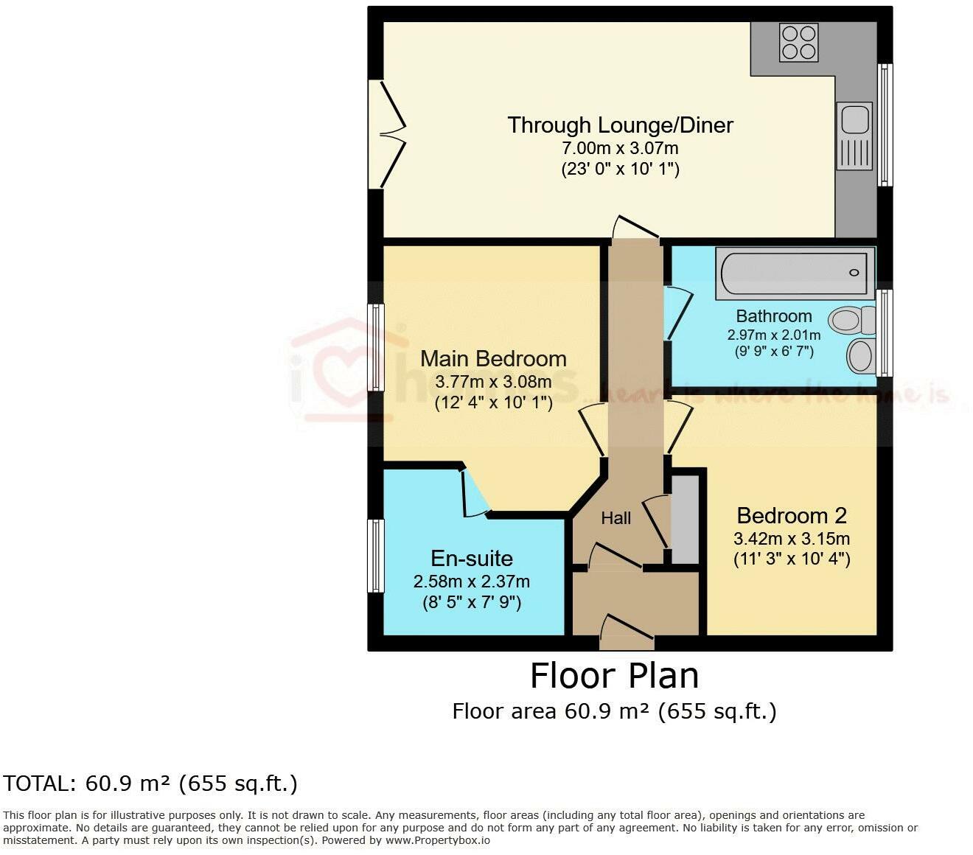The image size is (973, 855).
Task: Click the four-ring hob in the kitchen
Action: (x=799, y=42)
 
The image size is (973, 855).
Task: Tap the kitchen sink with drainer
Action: (x=854, y=136)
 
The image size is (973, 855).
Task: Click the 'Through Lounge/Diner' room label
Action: (x=620, y=125)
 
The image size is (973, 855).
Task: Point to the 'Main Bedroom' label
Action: (x=493, y=359)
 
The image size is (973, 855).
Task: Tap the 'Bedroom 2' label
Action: (x=791, y=515)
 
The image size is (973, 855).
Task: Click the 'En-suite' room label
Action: (x=472, y=558)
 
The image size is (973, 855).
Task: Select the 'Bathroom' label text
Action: (x=774, y=316)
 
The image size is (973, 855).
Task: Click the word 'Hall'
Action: (x=615, y=518)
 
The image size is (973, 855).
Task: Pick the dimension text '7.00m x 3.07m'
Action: (x=620, y=148)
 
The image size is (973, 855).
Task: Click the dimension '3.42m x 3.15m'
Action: (x=791, y=538)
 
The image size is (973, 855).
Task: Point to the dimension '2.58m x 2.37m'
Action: (x=472, y=582)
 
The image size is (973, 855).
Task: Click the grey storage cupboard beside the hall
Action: (x=685, y=520)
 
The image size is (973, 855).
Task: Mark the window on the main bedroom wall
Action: (x=376, y=347)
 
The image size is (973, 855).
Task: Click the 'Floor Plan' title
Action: (x=614, y=675)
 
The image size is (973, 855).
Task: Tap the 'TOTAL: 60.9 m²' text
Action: (x=150, y=783)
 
